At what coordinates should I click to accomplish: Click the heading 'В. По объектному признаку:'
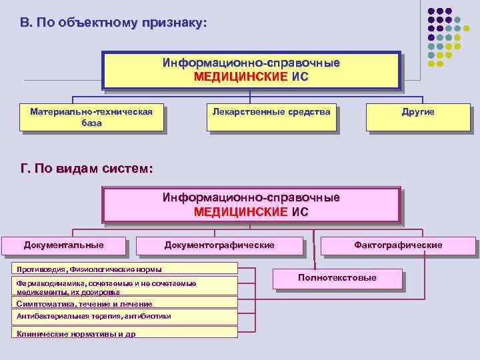[x=113, y=23]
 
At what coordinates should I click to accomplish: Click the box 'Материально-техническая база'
[x=92, y=117]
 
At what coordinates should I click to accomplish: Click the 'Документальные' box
[x=64, y=245]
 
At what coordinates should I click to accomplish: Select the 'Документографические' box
[x=219, y=245]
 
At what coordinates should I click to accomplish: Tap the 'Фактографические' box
[x=398, y=245]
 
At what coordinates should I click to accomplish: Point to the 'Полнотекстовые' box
[x=337, y=278]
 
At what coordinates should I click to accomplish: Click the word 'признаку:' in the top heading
[x=174, y=23]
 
